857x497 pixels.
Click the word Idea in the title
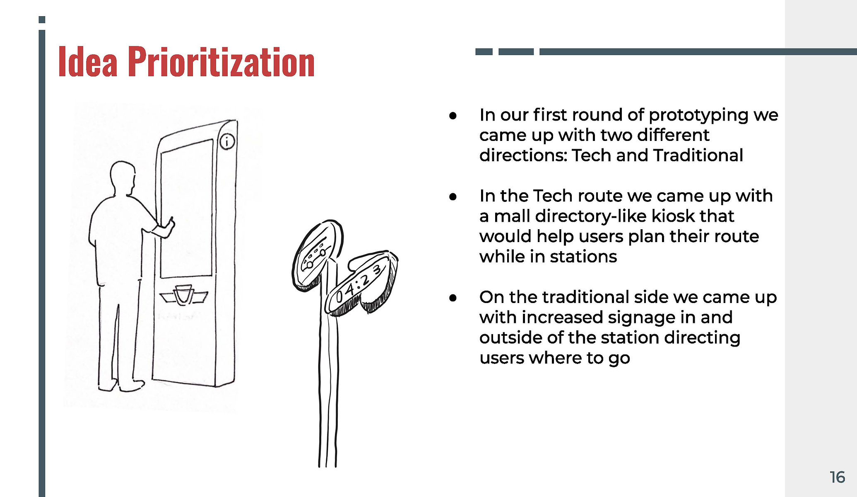(x=88, y=62)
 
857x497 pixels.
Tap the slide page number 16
(x=837, y=477)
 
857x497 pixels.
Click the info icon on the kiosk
(x=227, y=141)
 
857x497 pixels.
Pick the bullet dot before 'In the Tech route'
(x=453, y=196)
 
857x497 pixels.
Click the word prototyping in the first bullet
(x=698, y=116)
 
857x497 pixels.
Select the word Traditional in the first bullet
(x=698, y=155)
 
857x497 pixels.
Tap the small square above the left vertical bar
(x=42, y=19)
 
